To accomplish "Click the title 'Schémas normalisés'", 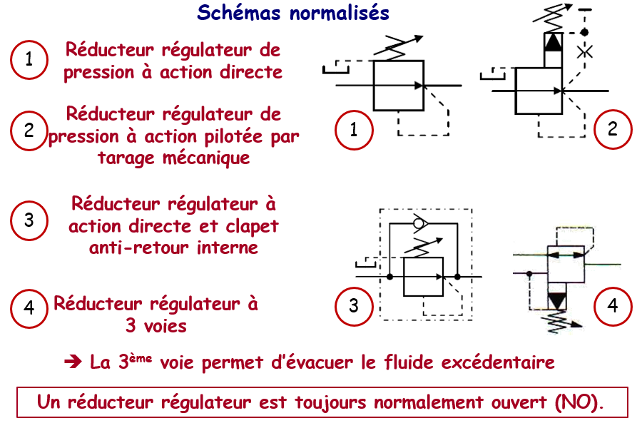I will click(x=292, y=13).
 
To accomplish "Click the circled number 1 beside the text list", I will click(x=29, y=59).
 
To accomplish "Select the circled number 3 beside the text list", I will click(x=29, y=219).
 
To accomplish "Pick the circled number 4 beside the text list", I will click(x=29, y=307).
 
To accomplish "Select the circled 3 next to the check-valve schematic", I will click(x=355, y=306).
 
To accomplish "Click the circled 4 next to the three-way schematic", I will click(x=613, y=306).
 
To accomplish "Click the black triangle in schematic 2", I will click(x=554, y=42).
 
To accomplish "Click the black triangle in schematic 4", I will click(x=555, y=297).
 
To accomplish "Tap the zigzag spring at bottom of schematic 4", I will click(x=555, y=322).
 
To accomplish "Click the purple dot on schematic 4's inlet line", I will click(x=528, y=273).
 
